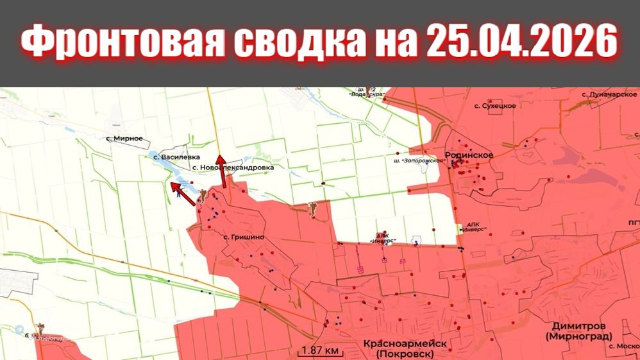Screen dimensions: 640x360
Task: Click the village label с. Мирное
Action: [x=124, y=139]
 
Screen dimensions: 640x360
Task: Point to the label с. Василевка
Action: [x=176, y=156]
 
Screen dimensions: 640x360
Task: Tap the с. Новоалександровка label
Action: [x=233, y=167]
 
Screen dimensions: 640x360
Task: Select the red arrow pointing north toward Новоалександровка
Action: [x=221, y=171]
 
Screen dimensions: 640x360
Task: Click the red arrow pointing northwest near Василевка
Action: [x=183, y=193]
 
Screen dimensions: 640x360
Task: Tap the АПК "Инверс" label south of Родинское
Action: [x=474, y=228]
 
